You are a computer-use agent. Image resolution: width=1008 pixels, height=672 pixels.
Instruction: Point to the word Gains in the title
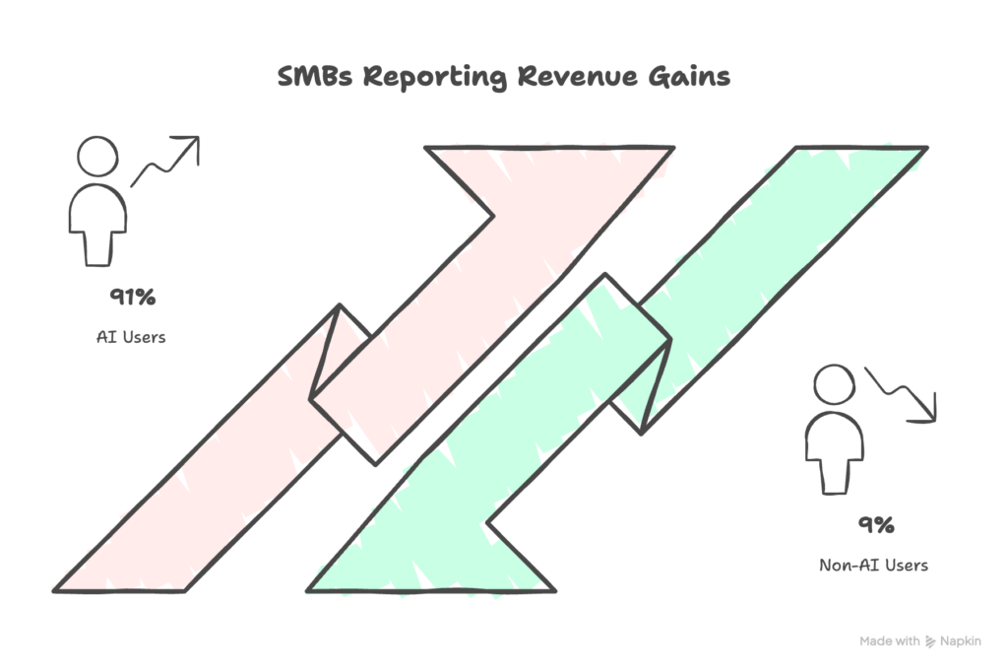pyautogui.click(x=685, y=78)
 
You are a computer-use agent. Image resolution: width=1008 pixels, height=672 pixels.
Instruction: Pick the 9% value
pyautogui.click(x=874, y=524)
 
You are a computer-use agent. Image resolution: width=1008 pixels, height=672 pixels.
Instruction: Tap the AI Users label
pyautogui.click(x=130, y=337)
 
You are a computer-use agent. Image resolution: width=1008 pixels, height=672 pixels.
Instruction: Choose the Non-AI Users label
pyautogui.click(x=873, y=566)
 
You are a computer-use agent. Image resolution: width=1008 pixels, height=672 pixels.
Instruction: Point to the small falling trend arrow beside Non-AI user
pyautogui.click(x=901, y=394)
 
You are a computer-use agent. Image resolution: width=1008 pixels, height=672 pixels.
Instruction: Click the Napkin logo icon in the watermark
pyautogui.click(x=929, y=641)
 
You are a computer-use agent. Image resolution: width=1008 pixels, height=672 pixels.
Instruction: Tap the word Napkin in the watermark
pyautogui.click(x=961, y=641)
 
